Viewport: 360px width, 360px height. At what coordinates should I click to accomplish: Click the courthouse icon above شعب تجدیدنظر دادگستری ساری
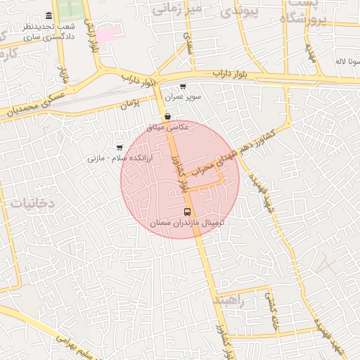(x=49, y=15)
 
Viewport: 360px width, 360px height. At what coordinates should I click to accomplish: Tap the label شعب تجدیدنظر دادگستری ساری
(x=49, y=30)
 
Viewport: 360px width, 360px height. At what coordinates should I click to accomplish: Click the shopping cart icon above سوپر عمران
(x=183, y=86)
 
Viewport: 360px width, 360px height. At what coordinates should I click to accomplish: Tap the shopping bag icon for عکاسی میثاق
(x=167, y=117)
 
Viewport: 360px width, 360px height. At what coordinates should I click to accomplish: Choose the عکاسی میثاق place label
(x=168, y=127)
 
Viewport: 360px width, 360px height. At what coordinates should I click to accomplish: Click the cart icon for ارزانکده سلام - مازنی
(x=119, y=147)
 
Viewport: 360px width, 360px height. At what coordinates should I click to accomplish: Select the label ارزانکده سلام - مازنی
(x=105, y=157)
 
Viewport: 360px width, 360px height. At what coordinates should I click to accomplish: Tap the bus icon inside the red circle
(x=187, y=211)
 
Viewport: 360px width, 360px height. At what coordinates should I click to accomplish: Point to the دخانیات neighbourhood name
(x=32, y=202)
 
